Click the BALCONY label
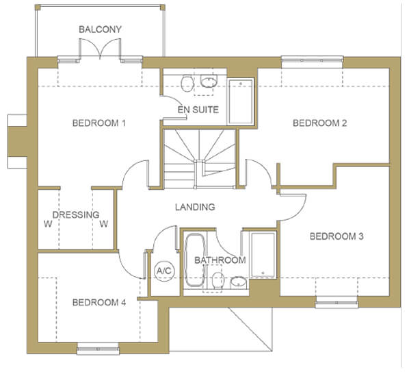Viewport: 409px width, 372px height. [x=100, y=29]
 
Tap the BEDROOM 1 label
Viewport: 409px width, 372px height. [x=99, y=123]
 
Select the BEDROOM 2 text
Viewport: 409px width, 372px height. [x=320, y=123]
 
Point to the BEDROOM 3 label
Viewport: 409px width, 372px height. [x=337, y=236]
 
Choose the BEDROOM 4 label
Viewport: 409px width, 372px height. [x=99, y=303]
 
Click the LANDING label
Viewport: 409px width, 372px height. [x=195, y=207]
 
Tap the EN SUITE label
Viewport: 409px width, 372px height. [x=198, y=110]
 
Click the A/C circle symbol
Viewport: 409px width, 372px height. [x=164, y=271]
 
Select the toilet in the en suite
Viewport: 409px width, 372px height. [x=187, y=84]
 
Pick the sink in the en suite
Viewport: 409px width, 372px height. [x=209, y=81]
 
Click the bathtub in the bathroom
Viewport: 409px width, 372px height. [x=194, y=260]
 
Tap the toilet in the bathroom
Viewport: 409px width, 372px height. [x=217, y=281]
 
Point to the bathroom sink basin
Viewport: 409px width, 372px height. [x=239, y=283]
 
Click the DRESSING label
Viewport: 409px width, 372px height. [x=76, y=215]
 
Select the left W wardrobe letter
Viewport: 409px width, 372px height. [x=48, y=224]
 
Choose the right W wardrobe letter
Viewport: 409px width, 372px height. [x=104, y=224]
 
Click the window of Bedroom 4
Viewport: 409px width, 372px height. [x=98, y=349]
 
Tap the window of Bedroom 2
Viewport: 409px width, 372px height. [x=312, y=62]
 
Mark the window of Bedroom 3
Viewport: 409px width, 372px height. [x=337, y=302]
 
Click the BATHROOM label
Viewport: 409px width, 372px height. [x=220, y=260]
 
